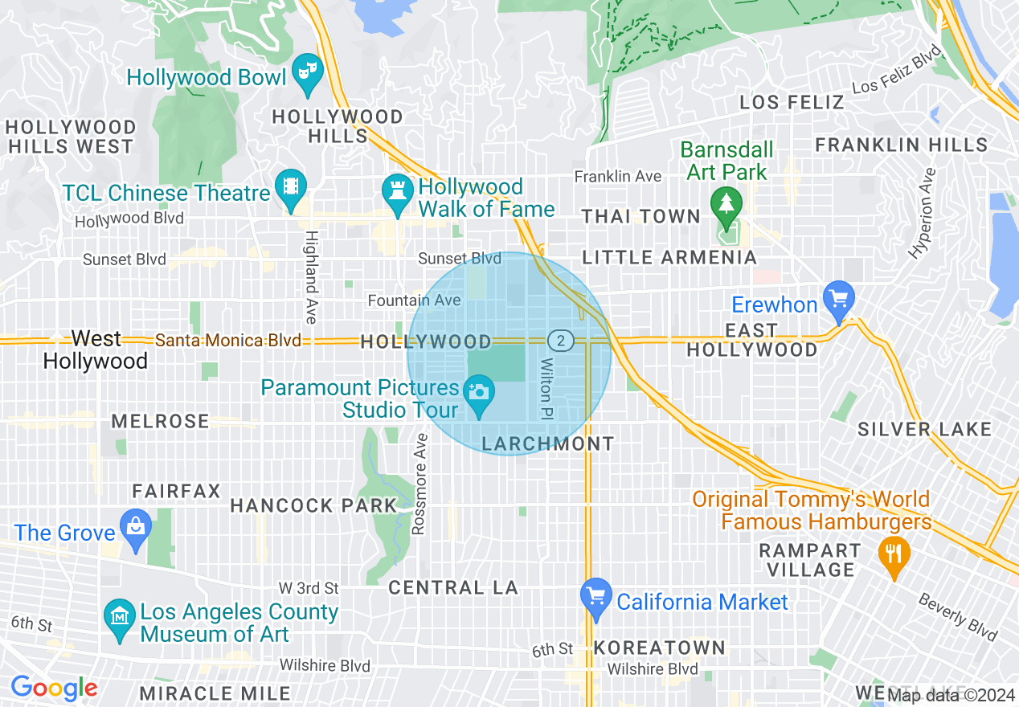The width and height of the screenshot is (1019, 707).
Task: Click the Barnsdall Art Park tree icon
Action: [x=726, y=201]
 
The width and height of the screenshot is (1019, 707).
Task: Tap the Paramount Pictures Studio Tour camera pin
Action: [x=479, y=394]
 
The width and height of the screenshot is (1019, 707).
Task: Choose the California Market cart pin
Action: [x=595, y=597]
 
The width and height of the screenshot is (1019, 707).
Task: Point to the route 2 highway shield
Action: [x=561, y=341]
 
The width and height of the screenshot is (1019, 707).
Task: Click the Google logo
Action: [x=54, y=688]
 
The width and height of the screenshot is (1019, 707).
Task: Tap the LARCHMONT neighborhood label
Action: [x=548, y=443]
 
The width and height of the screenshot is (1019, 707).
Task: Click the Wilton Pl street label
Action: [x=546, y=387]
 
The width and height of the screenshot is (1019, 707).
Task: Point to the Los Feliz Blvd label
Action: [x=896, y=70]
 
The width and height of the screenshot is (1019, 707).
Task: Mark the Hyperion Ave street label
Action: [x=923, y=213]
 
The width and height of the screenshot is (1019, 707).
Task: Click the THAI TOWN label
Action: [x=641, y=216]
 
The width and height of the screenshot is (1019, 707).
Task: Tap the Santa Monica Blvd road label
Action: [x=228, y=341]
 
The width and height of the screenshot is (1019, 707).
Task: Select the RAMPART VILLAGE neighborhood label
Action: [x=811, y=560]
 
